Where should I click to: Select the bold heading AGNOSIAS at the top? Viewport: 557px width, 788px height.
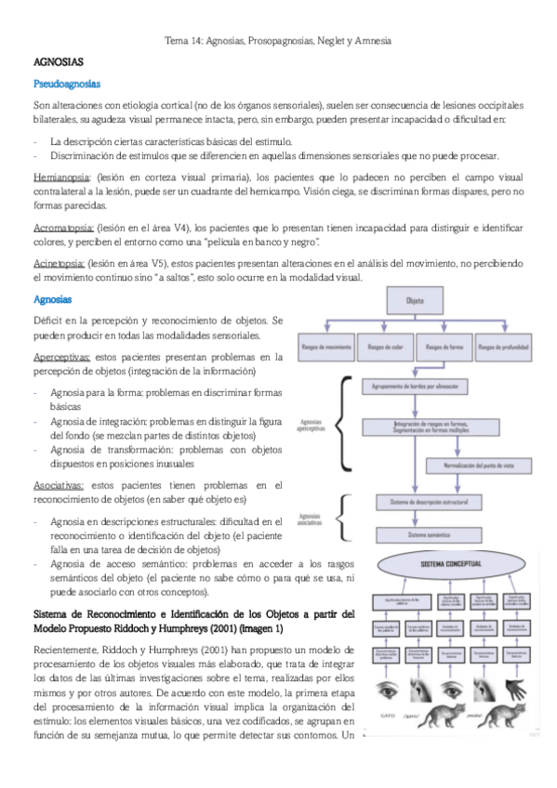point(59,61)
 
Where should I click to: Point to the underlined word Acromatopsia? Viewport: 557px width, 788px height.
point(63,228)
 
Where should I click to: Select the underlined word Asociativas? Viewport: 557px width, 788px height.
point(59,483)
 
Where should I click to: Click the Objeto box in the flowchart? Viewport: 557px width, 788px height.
point(416,301)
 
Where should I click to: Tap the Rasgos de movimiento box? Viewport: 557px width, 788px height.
point(326,348)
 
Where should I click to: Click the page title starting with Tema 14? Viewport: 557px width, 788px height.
point(278,41)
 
